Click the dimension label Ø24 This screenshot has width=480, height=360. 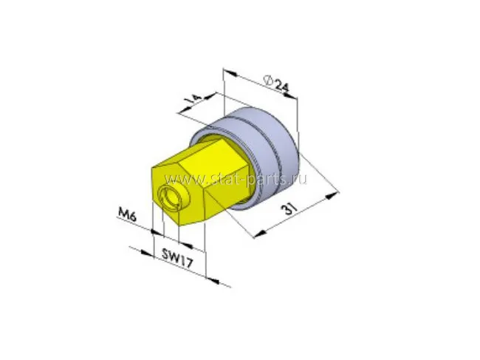[x=276, y=84]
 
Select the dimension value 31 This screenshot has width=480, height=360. [x=289, y=209]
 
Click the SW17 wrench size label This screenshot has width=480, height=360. [x=177, y=258]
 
